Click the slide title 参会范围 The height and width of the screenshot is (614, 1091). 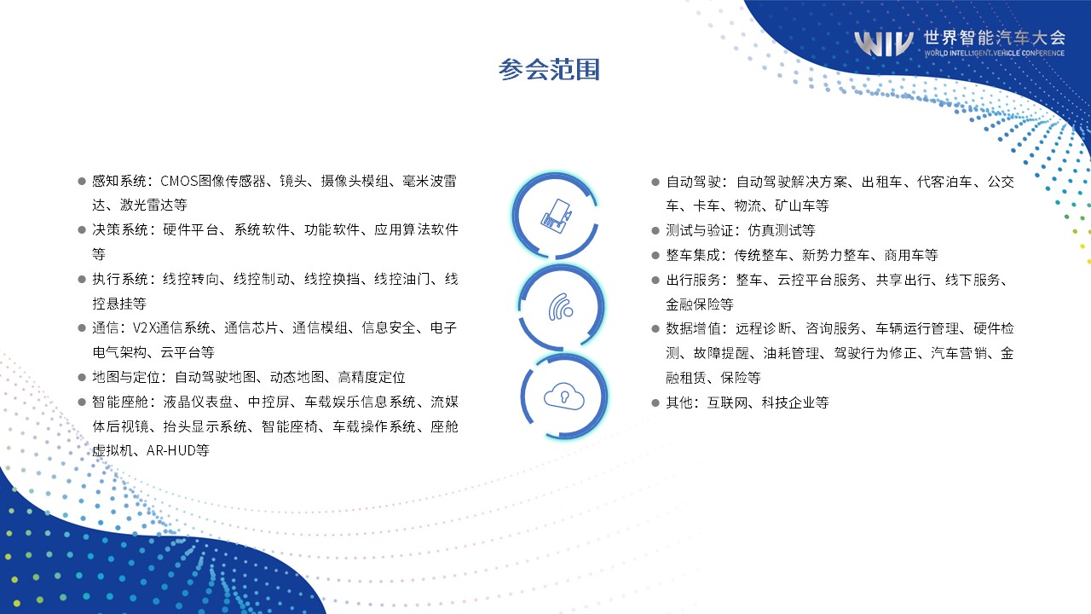tap(549, 69)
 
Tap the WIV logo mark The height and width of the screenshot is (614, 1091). tap(884, 43)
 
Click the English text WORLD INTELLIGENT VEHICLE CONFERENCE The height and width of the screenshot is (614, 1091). tap(994, 53)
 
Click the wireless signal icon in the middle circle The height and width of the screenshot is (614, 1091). tap(561, 307)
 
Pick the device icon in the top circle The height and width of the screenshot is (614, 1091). tap(557, 216)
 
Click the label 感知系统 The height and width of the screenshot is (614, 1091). tap(119, 182)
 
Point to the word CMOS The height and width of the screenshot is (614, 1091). tap(179, 182)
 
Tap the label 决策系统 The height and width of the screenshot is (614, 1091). tap(120, 229)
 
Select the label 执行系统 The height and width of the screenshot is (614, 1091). tap(120, 279)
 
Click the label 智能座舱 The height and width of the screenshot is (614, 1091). tap(120, 402)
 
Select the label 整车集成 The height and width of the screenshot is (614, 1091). tap(693, 255)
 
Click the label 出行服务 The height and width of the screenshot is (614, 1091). tap(693, 281)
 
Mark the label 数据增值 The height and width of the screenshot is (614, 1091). tap(693, 329)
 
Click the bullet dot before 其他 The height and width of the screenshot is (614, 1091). tap(655, 403)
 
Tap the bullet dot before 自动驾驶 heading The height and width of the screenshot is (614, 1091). tap(655, 182)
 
